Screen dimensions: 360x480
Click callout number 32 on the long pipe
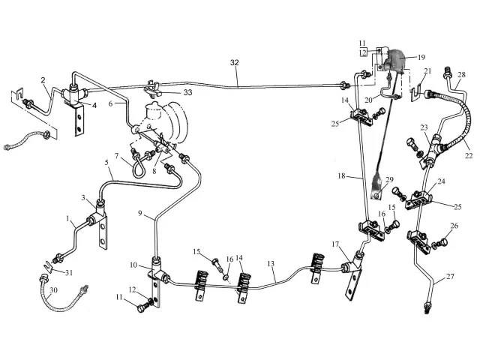[x=234, y=63]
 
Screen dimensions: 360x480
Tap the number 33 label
[x=187, y=92]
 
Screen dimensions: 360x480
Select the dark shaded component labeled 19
[x=397, y=60]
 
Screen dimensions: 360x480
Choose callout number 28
[x=460, y=73]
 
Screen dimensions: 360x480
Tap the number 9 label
[x=139, y=214]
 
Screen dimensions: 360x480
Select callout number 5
[x=106, y=162]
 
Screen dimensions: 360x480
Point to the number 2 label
[x=43, y=80]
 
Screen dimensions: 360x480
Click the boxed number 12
[x=362, y=52]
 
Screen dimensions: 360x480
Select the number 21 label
[x=428, y=71]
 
